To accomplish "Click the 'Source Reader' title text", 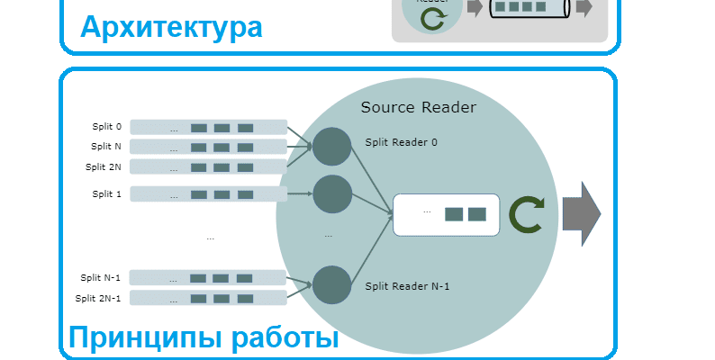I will [x=418, y=108].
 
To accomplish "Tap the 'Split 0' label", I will [x=106, y=127].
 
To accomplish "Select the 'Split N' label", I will [x=106, y=147].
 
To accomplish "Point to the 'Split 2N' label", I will [x=104, y=166].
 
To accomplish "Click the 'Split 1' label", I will [x=106, y=193].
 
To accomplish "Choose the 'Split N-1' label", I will [x=100, y=278].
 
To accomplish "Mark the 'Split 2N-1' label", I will [x=98, y=298].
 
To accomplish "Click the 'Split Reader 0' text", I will [x=402, y=142].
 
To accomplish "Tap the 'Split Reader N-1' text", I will [x=407, y=287].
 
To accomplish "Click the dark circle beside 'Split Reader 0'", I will [x=331, y=147].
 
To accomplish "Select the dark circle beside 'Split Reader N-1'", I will [x=331, y=284].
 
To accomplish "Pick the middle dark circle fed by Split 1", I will [x=331, y=193].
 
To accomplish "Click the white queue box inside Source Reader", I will [x=446, y=214].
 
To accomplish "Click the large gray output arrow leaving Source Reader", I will [x=581, y=214].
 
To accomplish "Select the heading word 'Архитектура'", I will [x=171, y=27].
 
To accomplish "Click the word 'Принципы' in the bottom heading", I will [x=145, y=338].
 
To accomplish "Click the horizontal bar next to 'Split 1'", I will [x=209, y=194].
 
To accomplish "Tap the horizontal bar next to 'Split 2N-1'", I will [x=209, y=298].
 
